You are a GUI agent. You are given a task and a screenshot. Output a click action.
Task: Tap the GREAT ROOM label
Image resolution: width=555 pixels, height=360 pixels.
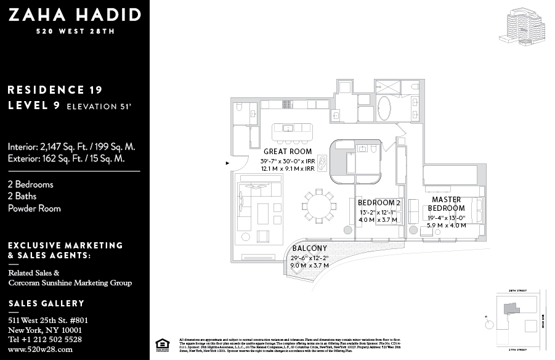coord(287,151)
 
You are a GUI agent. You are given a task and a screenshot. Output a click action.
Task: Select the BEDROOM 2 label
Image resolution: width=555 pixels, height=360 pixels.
coord(379,203)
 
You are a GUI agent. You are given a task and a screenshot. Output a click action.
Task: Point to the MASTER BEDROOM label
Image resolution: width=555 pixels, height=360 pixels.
coord(447,204)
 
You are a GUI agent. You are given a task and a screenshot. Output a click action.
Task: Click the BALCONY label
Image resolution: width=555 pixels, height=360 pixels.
coord(309,248)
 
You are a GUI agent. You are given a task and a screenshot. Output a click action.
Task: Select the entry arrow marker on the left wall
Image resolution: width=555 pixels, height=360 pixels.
coord(228,163)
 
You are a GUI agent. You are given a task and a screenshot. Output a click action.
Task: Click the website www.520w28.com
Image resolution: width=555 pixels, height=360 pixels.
coord(40,349)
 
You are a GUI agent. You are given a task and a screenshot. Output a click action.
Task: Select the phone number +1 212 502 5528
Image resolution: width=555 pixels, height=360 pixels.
coord(45,340)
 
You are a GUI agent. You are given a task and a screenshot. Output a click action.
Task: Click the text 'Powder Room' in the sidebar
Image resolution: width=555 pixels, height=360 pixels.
coord(34,208)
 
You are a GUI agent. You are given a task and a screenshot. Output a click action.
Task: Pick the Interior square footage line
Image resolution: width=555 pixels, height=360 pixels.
coord(71,147)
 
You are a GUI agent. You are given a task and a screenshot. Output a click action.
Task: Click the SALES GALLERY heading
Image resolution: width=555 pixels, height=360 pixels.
coord(46,304)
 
